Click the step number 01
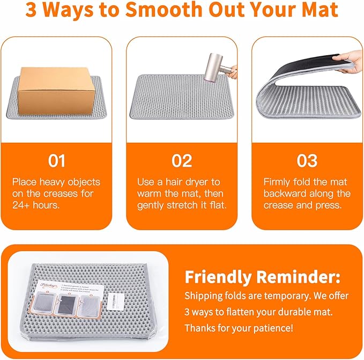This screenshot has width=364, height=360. tap(56, 160)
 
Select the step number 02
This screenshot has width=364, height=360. tap(182, 160)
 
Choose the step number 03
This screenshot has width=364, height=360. tap(307, 160)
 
